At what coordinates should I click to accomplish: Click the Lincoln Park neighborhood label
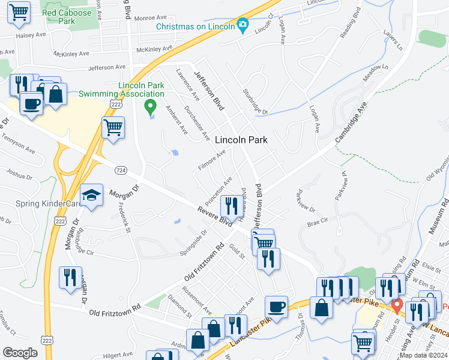coord(241,139)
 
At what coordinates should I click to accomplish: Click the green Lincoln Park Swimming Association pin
coord(151,107)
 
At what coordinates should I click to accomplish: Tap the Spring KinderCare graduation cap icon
coord(91,196)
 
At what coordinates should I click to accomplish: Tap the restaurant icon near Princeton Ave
coord(231,206)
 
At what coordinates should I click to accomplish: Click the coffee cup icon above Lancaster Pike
coord(276,307)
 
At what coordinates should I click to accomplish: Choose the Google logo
coord(20,353)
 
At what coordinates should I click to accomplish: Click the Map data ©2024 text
coord(423,355)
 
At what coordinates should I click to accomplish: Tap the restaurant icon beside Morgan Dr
coord(71,277)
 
